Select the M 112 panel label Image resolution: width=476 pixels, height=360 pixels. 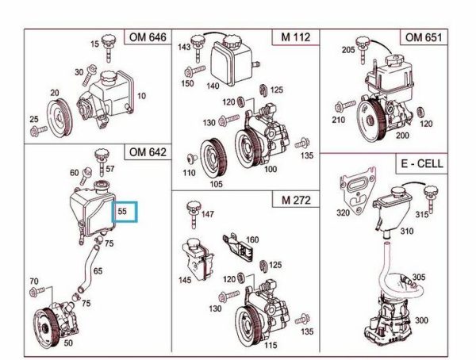point(294,38)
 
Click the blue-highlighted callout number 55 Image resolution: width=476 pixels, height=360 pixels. point(123,213)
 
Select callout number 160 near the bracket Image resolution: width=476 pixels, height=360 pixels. point(252,239)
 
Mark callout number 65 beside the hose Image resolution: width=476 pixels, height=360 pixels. point(98,271)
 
